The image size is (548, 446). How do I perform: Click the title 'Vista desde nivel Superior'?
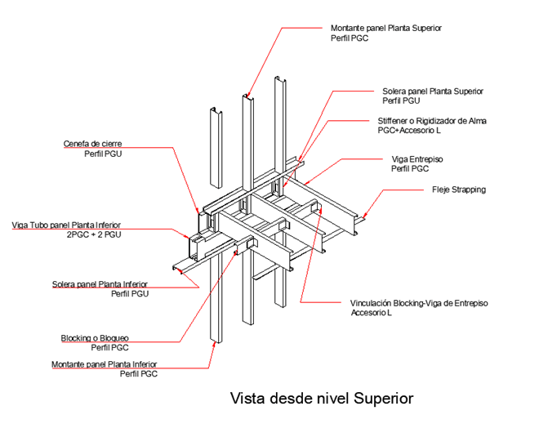coord(323,399)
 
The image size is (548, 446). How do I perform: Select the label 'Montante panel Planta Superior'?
coord(386,28)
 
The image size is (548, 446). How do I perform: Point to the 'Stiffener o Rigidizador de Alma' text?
coord(431,121)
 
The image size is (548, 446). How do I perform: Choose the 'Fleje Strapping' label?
coord(458,190)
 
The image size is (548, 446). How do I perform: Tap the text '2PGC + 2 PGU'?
coord(94,234)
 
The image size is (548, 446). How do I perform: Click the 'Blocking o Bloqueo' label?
coord(95,337)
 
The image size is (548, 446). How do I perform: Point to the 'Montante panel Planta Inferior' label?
coord(104,363)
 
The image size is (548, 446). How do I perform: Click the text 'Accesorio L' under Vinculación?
coord(372,312)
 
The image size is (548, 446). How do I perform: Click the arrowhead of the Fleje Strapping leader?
coord(364,216)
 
